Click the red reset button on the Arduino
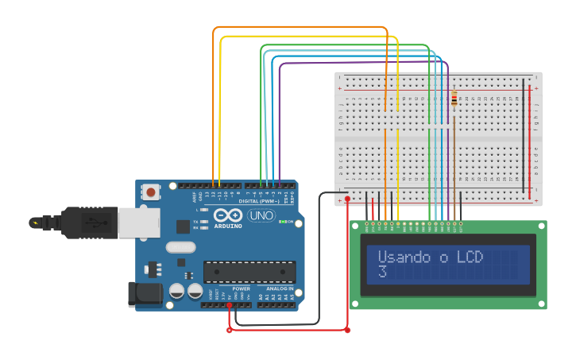(x=150, y=192)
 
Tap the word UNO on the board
(x=261, y=215)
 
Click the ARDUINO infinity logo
(x=227, y=215)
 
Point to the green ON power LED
(x=281, y=222)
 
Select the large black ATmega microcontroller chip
(x=249, y=272)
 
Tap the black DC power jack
(x=145, y=294)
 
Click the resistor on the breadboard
(x=454, y=99)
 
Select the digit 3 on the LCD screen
(x=382, y=273)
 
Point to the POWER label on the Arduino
(x=242, y=288)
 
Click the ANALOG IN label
(x=279, y=288)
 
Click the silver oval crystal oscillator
(x=180, y=247)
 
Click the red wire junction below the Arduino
(x=230, y=329)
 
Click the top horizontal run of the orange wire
(x=302, y=28)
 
